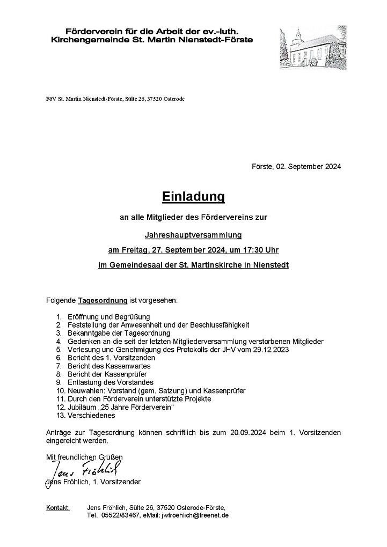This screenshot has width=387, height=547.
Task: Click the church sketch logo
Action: click(x=311, y=49)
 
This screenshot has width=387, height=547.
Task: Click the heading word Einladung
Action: click(x=193, y=197)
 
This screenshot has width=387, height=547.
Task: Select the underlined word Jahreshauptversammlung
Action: click(x=193, y=234)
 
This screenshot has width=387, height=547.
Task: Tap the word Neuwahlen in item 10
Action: click(x=85, y=391)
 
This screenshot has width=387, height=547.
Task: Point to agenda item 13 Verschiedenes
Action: click(x=91, y=415)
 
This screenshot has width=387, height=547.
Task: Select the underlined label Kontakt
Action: click(x=58, y=507)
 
